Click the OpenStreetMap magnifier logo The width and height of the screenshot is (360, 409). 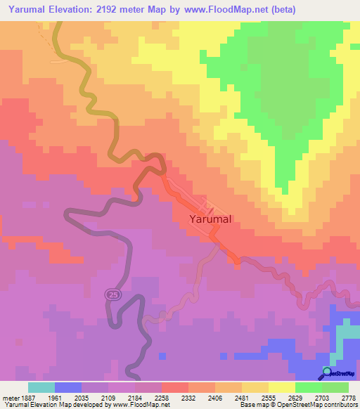327,372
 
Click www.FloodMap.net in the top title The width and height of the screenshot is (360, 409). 218,10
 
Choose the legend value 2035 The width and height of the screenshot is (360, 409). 82,397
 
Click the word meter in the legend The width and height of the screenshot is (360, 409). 9,397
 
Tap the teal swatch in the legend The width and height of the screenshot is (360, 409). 41,387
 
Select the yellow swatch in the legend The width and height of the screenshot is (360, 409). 281,387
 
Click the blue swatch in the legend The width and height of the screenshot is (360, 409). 67,387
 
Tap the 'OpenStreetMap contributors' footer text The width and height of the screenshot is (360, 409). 321,405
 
